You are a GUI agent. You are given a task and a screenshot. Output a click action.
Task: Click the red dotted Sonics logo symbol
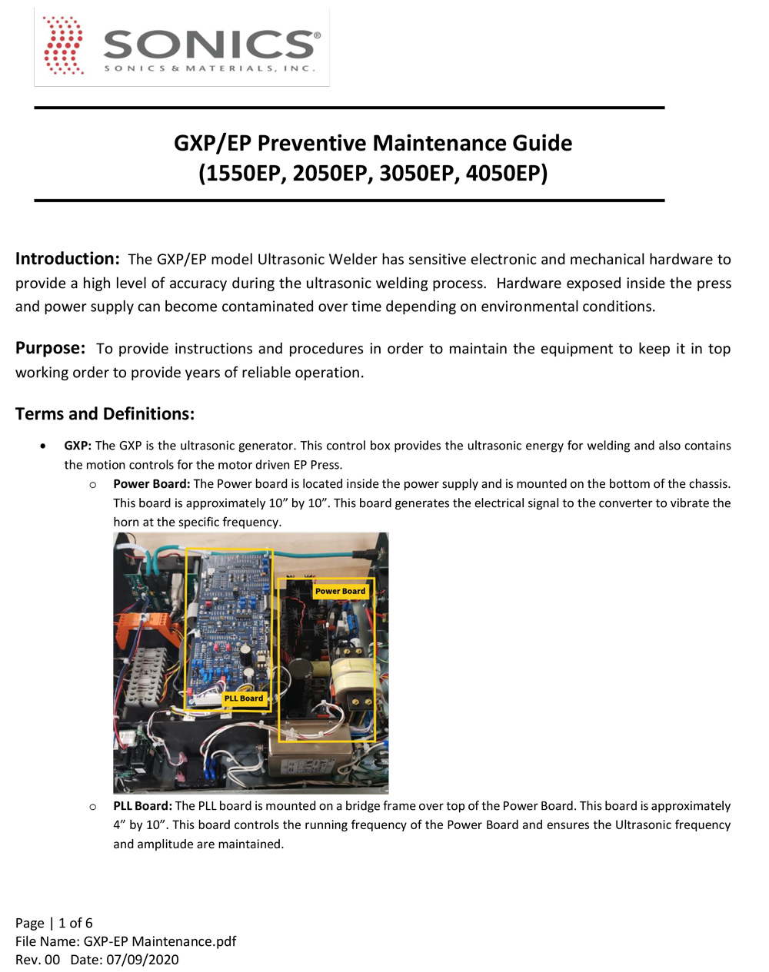pyautogui.click(x=64, y=46)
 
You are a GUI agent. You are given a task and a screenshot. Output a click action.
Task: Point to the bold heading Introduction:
pyautogui.click(x=67, y=259)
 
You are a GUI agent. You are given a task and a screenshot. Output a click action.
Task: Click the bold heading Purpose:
pyautogui.click(x=50, y=348)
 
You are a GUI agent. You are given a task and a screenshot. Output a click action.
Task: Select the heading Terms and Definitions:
pyautogui.click(x=105, y=414)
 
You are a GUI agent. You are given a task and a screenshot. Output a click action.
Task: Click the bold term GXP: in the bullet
pyautogui.click(x=78, y=446)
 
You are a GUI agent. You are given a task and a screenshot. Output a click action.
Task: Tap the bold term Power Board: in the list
pyautogui.click(x=151, y=484)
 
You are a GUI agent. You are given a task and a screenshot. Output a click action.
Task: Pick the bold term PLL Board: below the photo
pyautogui.click(x=142, y=806)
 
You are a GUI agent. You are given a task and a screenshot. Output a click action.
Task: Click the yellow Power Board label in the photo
pyautogui.click(x=340, y=591)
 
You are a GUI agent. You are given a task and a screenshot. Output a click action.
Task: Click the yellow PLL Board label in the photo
pyautogui.click(x=243, y=698)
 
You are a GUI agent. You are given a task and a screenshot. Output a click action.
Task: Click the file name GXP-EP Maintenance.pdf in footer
pyautogui.click(x=160, y=941)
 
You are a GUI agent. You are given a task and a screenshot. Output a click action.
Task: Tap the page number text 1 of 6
pyautogui.click(x=75, y=923)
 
